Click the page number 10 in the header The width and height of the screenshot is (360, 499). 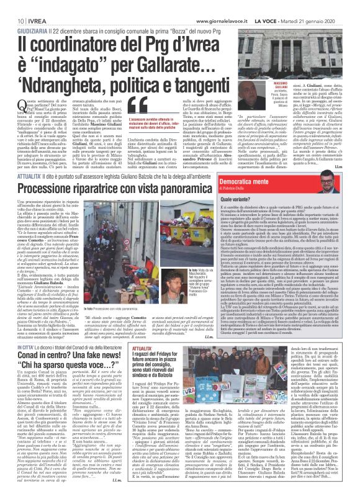pyautogui.click(x=12, y=6)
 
